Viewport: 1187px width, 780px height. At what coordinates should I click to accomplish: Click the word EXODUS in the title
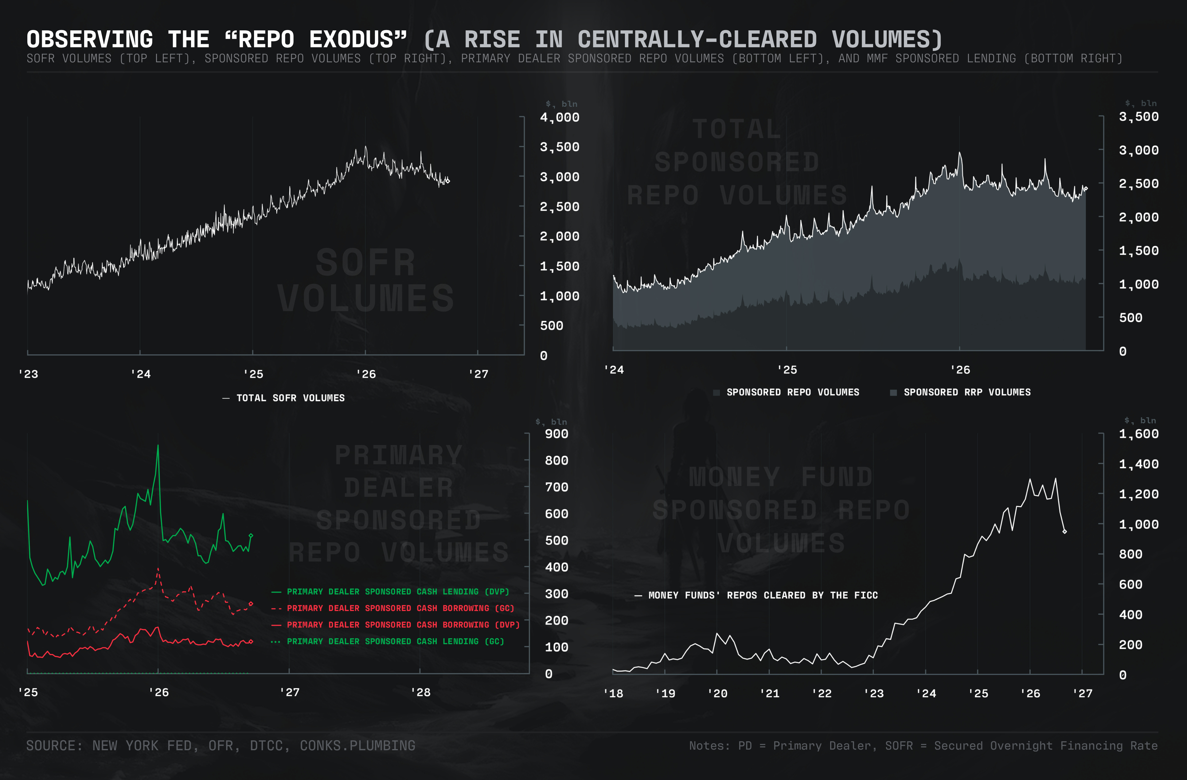(358, 39)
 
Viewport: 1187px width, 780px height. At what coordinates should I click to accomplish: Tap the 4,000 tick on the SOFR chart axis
(560, 118)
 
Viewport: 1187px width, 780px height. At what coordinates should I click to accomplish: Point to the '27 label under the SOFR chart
(478, 374)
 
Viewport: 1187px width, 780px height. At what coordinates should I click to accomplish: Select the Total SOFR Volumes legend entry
(283, 398)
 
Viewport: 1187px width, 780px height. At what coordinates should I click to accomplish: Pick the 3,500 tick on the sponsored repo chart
(1138, 117)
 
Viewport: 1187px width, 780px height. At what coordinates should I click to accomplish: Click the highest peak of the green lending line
(158, 445)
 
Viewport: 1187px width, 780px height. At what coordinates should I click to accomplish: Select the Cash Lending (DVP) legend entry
(390, 592)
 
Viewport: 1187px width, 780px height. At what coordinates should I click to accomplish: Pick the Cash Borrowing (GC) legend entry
(392, 608)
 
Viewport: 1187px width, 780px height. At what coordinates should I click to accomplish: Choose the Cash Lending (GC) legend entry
(388, 641)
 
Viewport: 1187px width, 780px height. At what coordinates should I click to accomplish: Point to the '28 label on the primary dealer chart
(420, 692)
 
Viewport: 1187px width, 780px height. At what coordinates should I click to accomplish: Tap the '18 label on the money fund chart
(613, 693)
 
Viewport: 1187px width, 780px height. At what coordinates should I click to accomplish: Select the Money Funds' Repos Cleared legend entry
(756, 595)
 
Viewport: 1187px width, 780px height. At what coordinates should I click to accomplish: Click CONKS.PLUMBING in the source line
(357, 746)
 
